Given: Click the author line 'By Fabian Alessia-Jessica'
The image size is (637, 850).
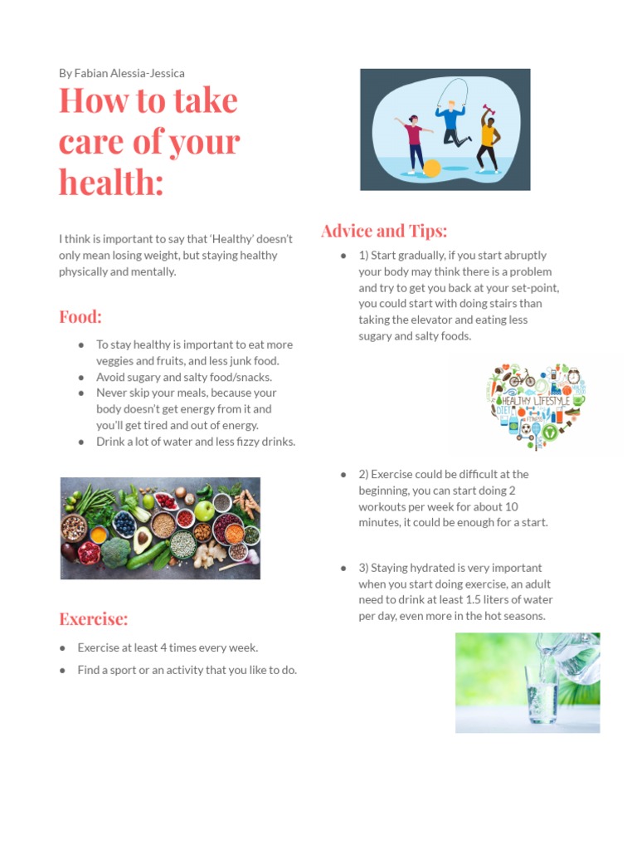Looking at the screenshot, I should pyautogui.click(x=121, y=73).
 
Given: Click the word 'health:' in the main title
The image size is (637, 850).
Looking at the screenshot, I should pyautogui.click(x=111, y=181).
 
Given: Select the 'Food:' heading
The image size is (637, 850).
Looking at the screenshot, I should pyautogui.click(x=80, y=316).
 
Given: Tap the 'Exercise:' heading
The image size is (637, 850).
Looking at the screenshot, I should pyautogui.click(x=94, y=618).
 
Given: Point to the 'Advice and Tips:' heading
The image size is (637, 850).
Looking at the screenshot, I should pyautogui.click(x=384, y=230).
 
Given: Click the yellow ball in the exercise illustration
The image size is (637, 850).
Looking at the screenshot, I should pyautogui.click(x=431, y=169).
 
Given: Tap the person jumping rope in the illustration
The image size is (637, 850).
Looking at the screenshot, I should pyautogui.click(x=451, y=120).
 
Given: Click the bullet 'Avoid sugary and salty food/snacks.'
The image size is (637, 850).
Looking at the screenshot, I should pyautogui.click(x=184, y=377).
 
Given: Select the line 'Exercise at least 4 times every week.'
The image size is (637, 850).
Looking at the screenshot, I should pyautogui.click(x=168, y=647).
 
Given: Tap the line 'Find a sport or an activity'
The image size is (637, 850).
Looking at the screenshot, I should pyautogui.click(x=187, y=670).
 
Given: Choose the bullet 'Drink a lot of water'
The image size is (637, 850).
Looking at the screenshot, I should pyautogui.click(x=196, y=442).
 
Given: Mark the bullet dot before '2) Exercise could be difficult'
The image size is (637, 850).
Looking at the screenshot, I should pyautogui.click(x=343, y=475).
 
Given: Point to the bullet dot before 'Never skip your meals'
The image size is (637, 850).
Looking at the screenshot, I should pyautogui.click(x=81, y=393).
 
